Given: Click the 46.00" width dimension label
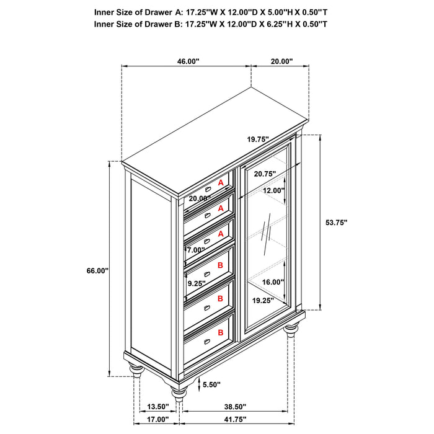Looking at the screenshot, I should [x=188, y=61].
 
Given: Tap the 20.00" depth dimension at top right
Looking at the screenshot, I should [x=281, y=61].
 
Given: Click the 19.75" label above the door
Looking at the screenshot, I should [x=257, y=139].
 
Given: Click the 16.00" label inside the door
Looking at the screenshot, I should [x=273, y=281].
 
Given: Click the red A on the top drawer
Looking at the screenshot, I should [x=220, y=183].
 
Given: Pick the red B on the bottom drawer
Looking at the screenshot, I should [x=220, y=333].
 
